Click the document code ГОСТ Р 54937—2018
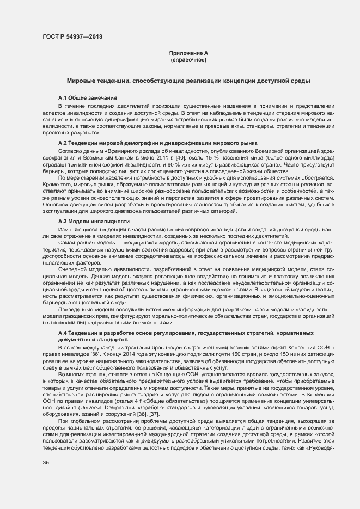click(72, 37)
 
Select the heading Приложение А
click(188, 53)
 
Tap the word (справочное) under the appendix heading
click(188, 59)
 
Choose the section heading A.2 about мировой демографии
click(157, 143)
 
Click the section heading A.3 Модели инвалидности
click(94, 222)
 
